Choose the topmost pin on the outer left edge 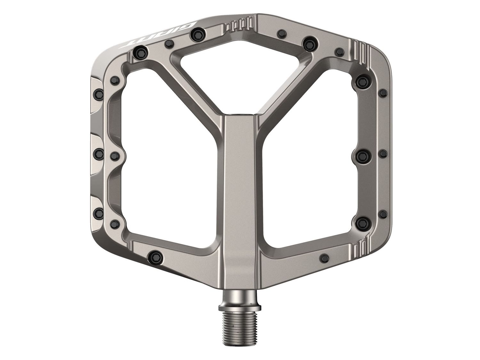click(x=98, y=93)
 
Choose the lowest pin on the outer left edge click(x=98, y=212)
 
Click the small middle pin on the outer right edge click(x=382, y=154)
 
